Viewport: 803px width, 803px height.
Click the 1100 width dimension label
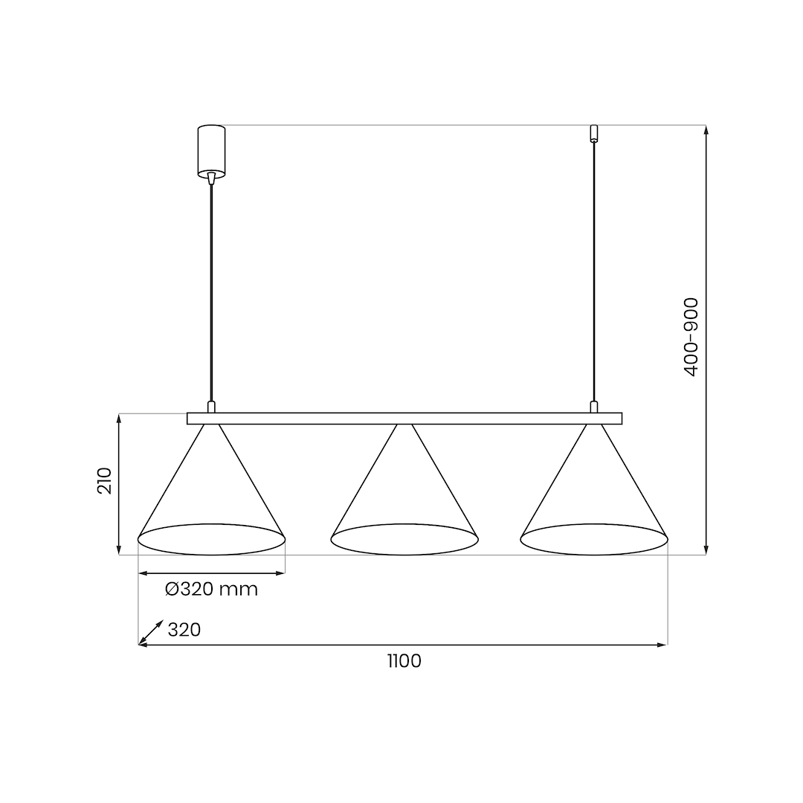(x=404, y=661)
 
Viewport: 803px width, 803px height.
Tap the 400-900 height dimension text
(x=691, y=337)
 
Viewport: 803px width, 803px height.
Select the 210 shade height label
(x=105, y=481)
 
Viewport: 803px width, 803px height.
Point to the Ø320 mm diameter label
(x=211, y=590)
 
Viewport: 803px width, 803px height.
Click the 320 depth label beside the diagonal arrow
(x=184, y=630)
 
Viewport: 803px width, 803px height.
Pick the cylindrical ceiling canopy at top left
(x=211, y=151)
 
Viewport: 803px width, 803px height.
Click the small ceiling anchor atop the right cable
(x=593, y=133)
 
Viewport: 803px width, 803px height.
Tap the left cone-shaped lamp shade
(x=212, y=491)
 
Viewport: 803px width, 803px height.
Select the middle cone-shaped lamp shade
(x=404, y=491)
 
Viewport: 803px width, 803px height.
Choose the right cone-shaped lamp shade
(x=594, y=491)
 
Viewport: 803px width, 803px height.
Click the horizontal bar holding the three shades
(x=404, y=419)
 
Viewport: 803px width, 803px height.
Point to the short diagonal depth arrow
(x=151, y=632)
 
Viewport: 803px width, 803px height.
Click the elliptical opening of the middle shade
(x=404, y=539)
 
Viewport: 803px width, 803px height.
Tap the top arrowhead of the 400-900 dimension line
(x=706, y=130)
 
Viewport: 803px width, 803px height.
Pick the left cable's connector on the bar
(x=212, y=407)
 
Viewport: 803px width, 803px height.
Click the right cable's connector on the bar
(x=593, y=407)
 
